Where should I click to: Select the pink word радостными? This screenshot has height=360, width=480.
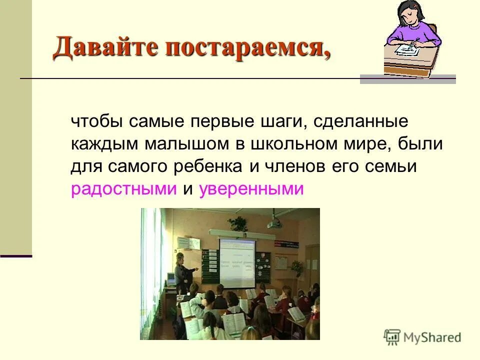(124, 189)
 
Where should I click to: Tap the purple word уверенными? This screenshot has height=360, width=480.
(251, 189)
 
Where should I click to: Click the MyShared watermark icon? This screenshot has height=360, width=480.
(392, 337)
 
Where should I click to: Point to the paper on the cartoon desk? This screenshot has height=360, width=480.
(406, 49)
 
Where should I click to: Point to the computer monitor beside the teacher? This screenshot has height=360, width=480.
(171, 277)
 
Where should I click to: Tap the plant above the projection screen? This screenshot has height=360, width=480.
(238, 222)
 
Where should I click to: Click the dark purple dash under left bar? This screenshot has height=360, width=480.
(16, 256)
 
